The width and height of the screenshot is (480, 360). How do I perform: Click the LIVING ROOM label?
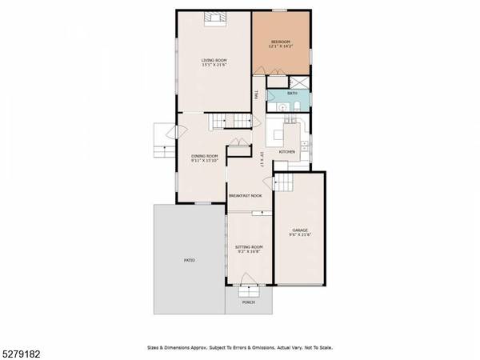215,60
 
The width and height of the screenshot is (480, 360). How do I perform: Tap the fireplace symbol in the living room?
214,20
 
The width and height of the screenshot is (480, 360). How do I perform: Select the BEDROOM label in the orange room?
280,42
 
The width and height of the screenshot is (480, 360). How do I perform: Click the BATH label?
292,94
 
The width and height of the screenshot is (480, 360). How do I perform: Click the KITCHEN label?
287,151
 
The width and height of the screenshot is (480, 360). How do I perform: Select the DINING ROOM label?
205,156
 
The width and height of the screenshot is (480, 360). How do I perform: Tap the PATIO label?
189,260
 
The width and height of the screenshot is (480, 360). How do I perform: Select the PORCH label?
249,302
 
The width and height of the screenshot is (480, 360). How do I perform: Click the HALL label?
256,95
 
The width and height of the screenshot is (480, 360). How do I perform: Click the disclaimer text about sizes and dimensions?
240,347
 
